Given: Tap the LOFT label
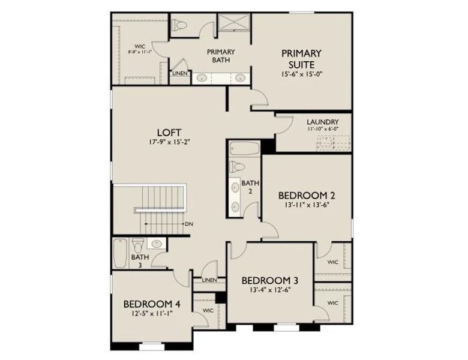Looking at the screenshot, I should [169, 133].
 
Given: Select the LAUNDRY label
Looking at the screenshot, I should [322, 121].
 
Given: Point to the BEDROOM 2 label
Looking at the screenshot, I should [306, 196].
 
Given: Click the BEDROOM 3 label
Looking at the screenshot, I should [270, 281].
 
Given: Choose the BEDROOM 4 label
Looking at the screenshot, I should [151, 304].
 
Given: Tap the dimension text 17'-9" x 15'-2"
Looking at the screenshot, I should [169, 142].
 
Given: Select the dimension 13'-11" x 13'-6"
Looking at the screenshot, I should [306, 205].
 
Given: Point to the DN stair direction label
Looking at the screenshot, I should [189, 224].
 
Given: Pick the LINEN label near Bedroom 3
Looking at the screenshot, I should [209, 280].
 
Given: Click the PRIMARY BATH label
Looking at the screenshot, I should [221, 56].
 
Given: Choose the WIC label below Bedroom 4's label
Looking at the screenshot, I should [209, 311].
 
